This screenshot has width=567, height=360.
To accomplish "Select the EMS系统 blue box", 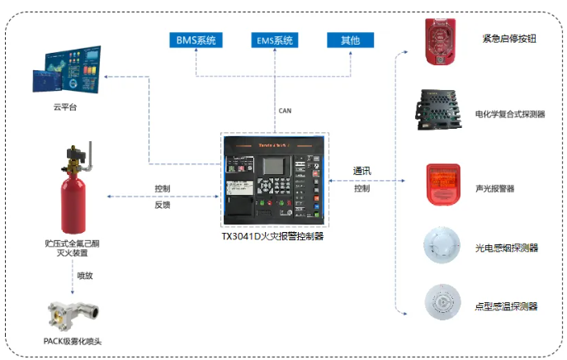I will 276,40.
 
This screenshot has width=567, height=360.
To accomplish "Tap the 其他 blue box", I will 350,40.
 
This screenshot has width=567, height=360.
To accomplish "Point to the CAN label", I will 285,110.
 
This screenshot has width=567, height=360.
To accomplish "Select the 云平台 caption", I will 65,107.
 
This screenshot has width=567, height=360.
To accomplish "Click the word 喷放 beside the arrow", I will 85,275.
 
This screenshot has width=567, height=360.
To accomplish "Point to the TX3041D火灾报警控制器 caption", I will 272,235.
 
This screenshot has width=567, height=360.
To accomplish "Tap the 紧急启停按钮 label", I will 508,39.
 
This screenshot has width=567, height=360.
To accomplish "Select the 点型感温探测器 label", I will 506,306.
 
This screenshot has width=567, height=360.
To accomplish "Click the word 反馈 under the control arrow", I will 163,204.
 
